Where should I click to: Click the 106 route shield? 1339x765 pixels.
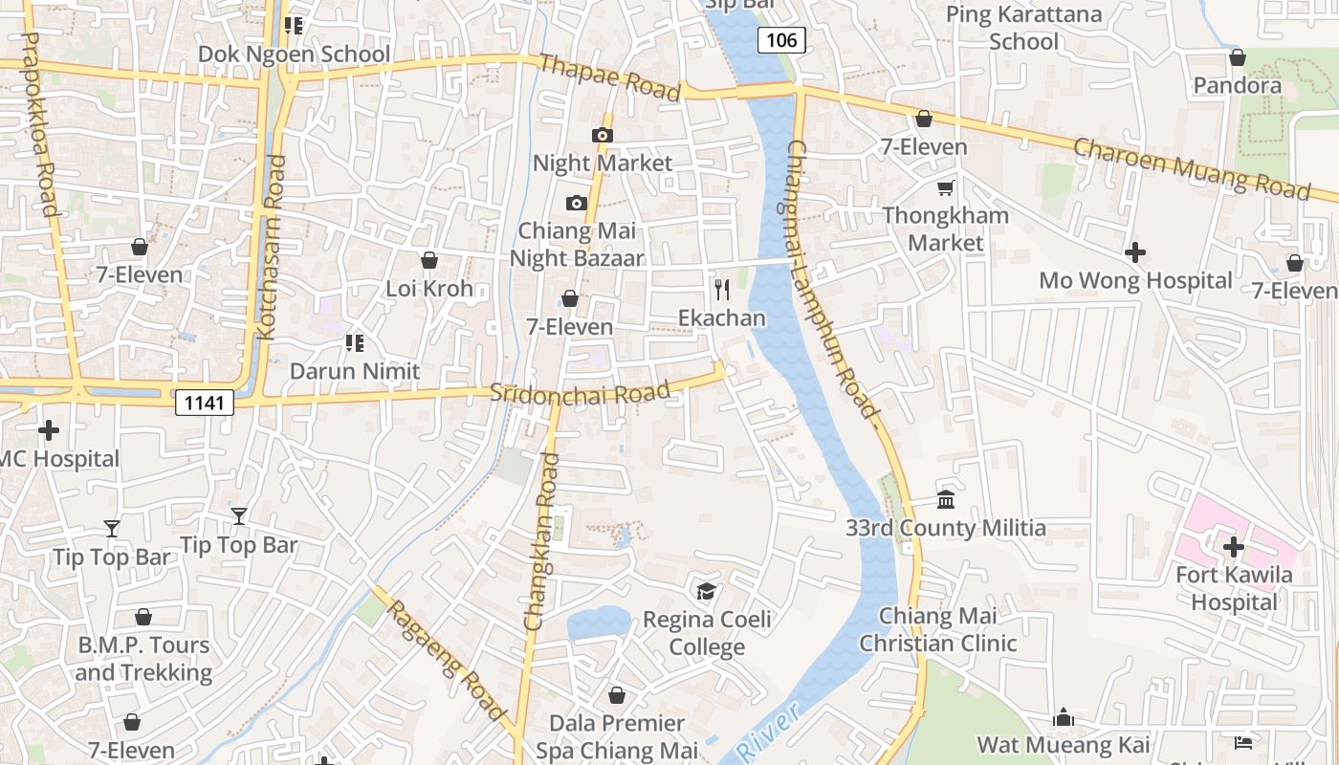[781, 39]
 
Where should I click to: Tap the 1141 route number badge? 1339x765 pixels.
[206, 403]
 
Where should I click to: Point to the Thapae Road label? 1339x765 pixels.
[609, 77]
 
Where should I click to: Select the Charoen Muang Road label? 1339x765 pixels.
[1191, 169]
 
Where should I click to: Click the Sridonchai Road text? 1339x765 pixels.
[580, 393]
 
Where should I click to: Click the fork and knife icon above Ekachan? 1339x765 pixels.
[722, 289]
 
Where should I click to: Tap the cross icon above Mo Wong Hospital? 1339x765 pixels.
[1135, 252]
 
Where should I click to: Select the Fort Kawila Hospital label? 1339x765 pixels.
[1234, 588]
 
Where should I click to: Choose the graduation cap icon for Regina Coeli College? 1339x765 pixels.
[706, 592]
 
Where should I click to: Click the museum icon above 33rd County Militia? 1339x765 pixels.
[946, 499]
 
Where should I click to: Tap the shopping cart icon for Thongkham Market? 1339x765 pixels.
[946, 187]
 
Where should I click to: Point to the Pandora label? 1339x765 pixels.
[1237, 85]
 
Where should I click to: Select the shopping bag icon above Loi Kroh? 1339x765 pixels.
[429, 260]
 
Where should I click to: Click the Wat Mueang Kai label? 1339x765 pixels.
[1063, 744]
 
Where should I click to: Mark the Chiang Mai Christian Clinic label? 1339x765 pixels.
[937, 629]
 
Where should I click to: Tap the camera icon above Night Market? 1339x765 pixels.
[603, 135]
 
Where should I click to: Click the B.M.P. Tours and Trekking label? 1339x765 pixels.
[143, 658]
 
